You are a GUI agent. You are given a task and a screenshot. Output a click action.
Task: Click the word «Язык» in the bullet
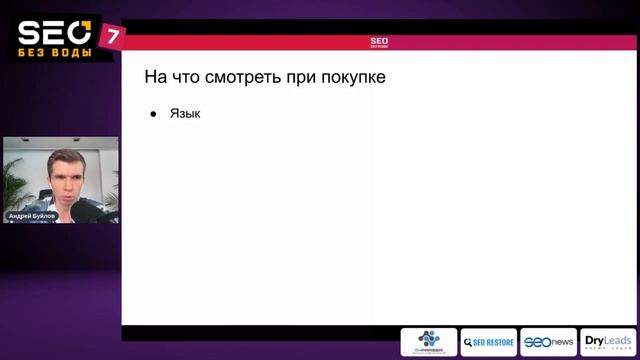click(185, 114)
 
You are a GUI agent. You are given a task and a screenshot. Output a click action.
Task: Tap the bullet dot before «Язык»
click(154, 115)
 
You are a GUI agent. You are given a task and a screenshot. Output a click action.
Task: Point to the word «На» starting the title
click(156, 77)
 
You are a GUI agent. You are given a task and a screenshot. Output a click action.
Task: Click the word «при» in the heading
click(297, 77)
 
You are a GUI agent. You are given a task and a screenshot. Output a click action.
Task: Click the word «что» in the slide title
click(188, 77)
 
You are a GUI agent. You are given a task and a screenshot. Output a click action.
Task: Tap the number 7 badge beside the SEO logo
click(114, 36)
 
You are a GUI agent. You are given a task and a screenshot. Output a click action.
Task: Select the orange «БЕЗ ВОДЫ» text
click(55, 52)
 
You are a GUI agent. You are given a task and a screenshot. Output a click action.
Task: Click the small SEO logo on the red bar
click(379, 42)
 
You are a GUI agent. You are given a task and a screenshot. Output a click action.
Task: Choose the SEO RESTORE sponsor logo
click(488, 342)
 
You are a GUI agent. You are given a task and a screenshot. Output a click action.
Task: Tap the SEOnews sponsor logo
click(549, 342)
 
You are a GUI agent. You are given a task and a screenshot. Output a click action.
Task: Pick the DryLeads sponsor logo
click(607, 342)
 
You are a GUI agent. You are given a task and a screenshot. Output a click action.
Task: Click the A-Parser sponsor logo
click(429, 342)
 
